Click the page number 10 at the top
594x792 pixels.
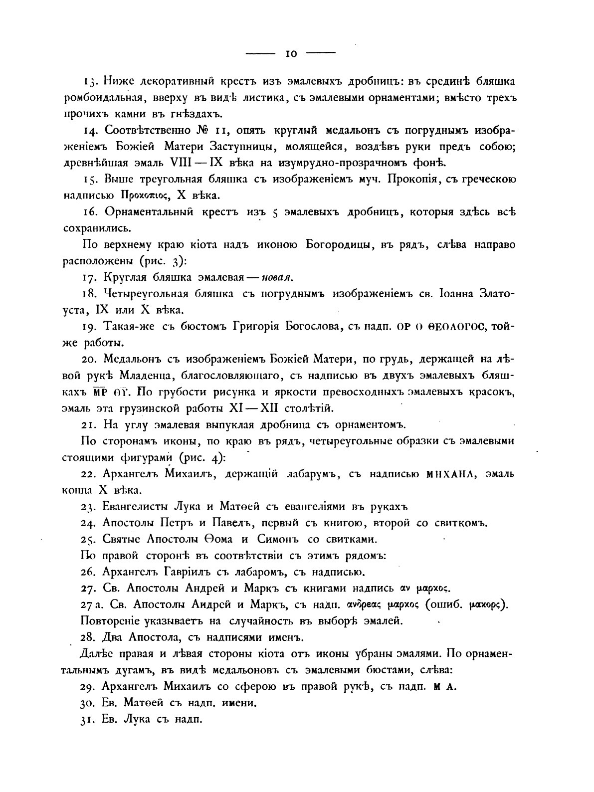coord(291,54)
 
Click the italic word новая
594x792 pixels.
coord(278,277)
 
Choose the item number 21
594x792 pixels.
coord(89,424)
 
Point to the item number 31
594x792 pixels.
coord(87,720)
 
